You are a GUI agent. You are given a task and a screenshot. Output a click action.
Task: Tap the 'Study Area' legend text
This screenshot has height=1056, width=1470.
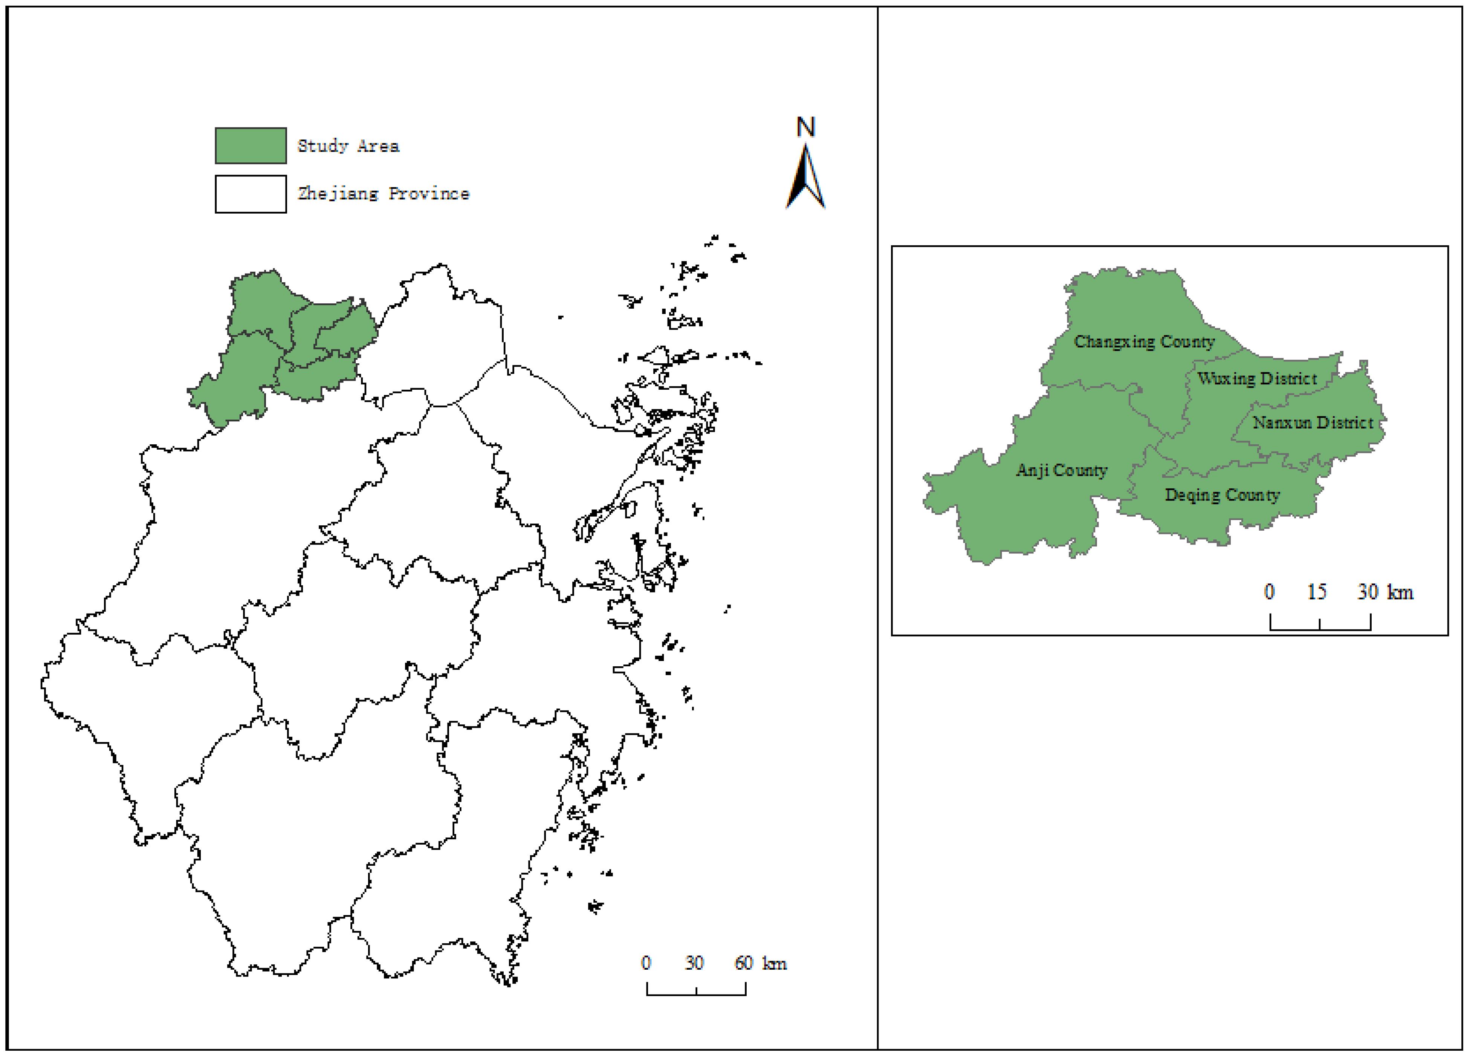point(348,146)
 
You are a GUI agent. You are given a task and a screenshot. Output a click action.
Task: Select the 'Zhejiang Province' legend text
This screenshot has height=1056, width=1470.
point(383,194)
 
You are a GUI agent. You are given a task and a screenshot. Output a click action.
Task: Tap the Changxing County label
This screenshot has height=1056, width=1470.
point(1144,341)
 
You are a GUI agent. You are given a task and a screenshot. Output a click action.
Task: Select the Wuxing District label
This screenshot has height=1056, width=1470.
point(1257,379)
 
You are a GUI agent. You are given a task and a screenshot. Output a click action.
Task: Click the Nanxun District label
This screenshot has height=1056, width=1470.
point(1313,422)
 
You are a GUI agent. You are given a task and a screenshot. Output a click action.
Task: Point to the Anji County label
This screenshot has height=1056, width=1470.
point(1062,470)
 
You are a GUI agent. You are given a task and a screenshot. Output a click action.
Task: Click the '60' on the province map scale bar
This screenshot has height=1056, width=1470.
point(743,963)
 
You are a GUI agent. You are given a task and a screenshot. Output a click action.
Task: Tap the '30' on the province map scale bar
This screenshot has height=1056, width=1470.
point(694,963)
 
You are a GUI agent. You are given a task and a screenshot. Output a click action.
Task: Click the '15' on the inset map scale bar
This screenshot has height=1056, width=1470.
point(1316,592)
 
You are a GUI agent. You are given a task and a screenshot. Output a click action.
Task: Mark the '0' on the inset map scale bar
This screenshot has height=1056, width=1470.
point(1269,592)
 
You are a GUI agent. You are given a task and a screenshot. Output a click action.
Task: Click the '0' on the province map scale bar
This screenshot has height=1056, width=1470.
point(646,963)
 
